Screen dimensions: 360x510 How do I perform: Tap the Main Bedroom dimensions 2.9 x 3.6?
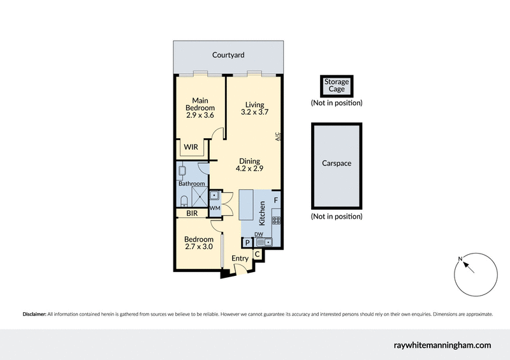[200, 115]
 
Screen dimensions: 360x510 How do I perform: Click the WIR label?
[191, 147]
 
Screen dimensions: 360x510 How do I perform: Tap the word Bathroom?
[191, 184]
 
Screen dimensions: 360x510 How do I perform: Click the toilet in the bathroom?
[183, 201]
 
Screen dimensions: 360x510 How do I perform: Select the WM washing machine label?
[215, 207]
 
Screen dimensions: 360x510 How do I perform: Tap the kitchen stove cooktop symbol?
[277, 221]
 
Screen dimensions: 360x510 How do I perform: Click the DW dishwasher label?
[259, 234]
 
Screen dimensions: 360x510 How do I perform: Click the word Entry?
[240, 258]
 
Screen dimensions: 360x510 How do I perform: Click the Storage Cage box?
[336, 85]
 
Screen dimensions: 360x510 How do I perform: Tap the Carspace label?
[336, 164]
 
